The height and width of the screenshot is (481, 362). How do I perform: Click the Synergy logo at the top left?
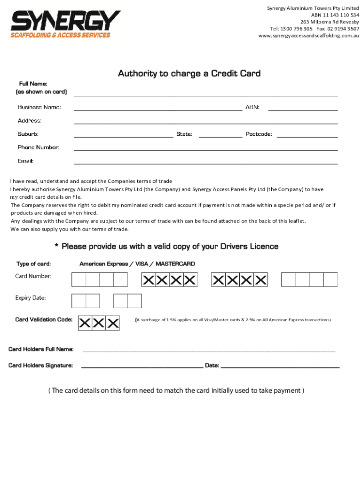(x=65, y=25)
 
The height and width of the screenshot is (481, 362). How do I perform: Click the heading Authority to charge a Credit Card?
(x=189, y=74)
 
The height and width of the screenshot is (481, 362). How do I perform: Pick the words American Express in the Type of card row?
(x=103, y=264)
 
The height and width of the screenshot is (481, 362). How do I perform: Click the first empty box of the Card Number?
(x=79, y=280)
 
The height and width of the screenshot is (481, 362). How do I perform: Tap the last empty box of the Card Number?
(x=331, y=280)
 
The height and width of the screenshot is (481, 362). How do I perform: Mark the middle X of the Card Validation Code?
(x=99, y=323)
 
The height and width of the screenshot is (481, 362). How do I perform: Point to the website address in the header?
(x=309, y=36)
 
